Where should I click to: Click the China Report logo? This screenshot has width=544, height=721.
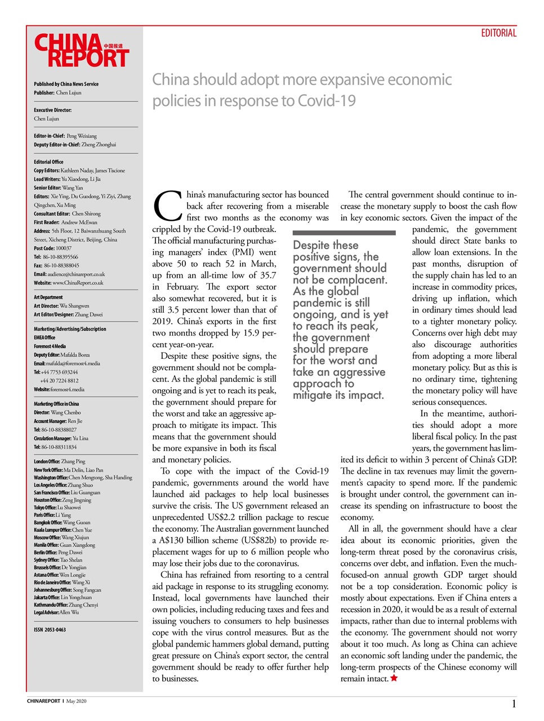[81, 51]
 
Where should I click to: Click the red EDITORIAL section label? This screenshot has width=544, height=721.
[498, 33]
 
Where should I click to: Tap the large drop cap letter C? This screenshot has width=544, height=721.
[167, 206]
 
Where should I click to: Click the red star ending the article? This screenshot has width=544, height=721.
[394, 678]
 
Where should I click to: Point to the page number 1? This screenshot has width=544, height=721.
[514, 704]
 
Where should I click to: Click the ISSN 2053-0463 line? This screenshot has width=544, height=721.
[50, 630]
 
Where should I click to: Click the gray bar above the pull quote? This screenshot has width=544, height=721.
[344, 233]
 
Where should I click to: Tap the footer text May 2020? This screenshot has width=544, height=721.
[76, 701]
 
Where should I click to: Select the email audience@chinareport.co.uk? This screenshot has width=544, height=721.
[76, 274]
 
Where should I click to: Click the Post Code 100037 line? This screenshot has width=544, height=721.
[52, 248]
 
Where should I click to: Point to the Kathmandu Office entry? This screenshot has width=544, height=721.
[66, 605]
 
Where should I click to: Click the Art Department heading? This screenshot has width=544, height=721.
[48, 297]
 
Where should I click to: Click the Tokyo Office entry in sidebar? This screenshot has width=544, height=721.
[57, 507]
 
